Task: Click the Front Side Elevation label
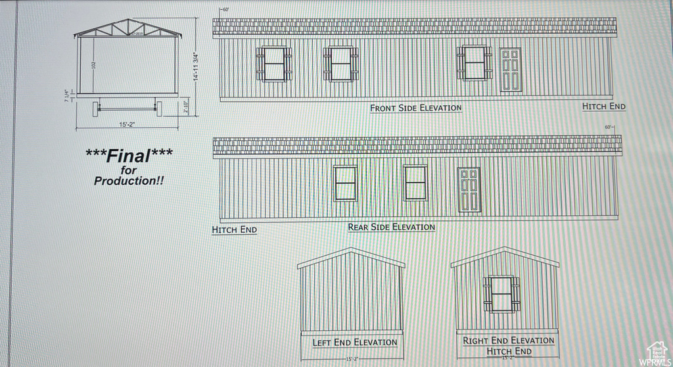(x=415, y=108)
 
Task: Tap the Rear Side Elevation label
(x=391, y=227)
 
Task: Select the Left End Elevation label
(x=354, y=342)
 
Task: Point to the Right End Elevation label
(x=508, y=340)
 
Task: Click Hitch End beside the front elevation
(x=603, y=106)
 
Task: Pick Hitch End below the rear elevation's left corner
(x=234, y=230)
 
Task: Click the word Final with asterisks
(x=129, y=155)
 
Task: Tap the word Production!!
(x=129, y=180)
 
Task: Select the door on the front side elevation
(x=511, y=70)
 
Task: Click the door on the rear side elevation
(x=469, y=189)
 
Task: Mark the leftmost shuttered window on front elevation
(x=273, y=64)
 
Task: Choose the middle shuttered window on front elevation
(x=340, y=64)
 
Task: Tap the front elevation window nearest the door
(x=474, y=63)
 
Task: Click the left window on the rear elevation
(x=345, y=183)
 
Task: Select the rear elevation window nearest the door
(x=415, y=183)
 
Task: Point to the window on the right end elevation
(x=501, y=294)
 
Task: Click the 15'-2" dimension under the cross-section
(x=128, y=124)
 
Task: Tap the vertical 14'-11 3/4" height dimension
(x=195, y=66)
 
